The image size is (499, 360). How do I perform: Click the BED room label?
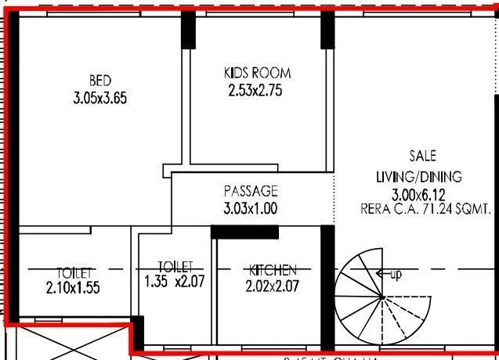99,81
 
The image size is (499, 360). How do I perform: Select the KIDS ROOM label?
257,73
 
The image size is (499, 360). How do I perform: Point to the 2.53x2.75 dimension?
255,90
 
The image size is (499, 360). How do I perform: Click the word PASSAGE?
251,191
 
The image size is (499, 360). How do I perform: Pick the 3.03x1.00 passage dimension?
251,209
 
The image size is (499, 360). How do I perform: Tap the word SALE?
423,156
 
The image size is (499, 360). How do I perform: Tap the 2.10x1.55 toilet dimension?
73,287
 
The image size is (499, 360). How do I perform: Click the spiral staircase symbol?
381,297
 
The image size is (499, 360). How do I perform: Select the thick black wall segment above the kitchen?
244,232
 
